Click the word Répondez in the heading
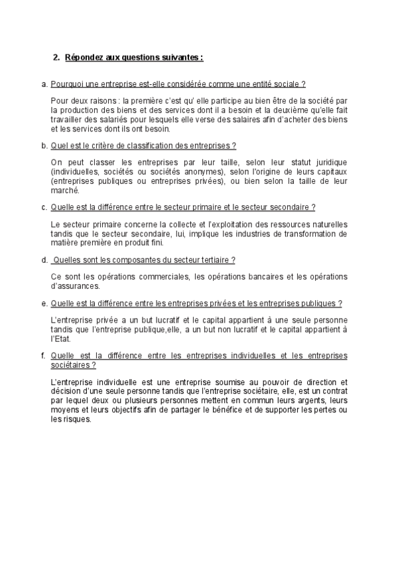pyautogui.click(x=83, y=58)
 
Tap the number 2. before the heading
pyautogui.click(x=56, y=58)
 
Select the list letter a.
pyautogui.click(x=44, y=84)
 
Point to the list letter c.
pyautogui.click(x=44, y=207)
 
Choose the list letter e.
pyautogui.click(x=44, y=303)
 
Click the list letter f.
pyautogui.click(x=44, y=356)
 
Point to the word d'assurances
pyautogui.click(x=75, y=286)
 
